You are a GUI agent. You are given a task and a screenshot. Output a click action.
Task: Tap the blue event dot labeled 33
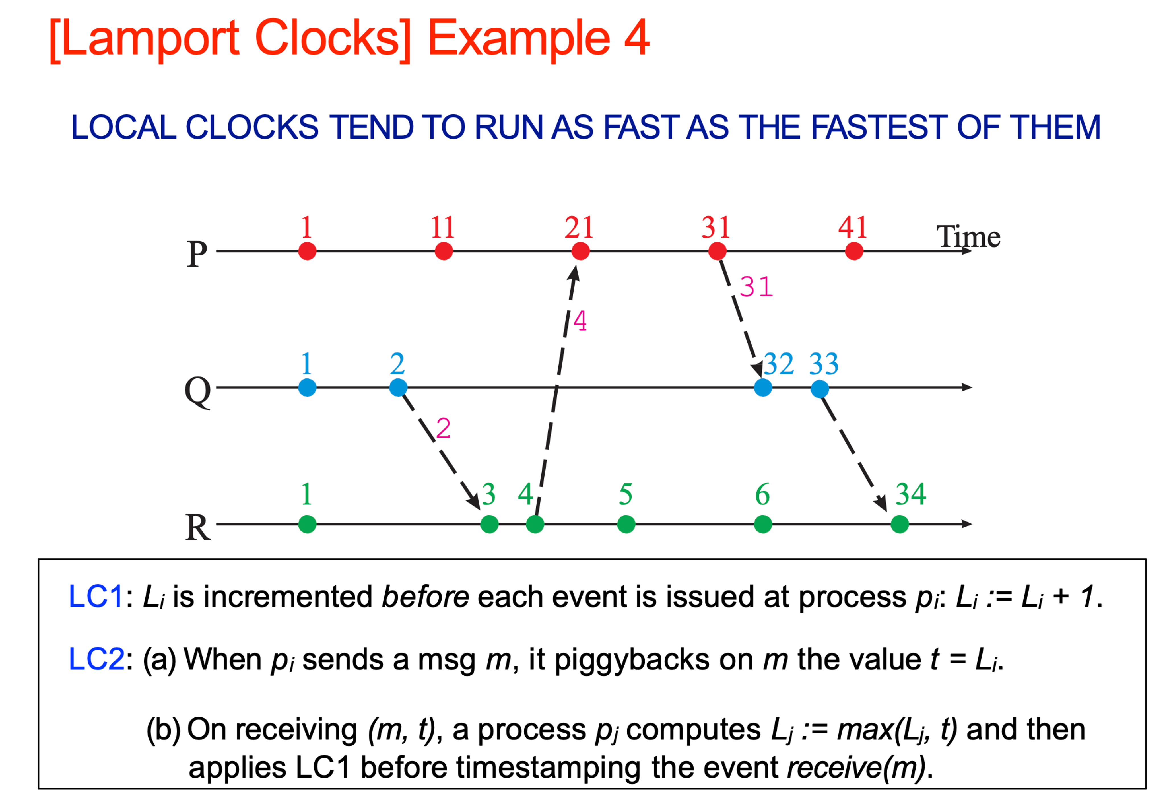(x=819, y=388)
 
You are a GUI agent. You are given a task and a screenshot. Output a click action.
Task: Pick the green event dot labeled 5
(x=626, y=524)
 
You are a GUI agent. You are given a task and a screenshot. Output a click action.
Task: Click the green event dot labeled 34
(x=899, y=524)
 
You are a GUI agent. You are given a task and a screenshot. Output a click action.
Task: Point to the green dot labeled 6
(x=762, y=524)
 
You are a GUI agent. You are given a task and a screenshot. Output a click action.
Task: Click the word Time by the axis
(x=968, y=236)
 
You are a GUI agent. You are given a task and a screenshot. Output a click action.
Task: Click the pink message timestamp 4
(x=580, y=321)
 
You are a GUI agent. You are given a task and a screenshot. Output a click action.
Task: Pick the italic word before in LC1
(x=425, y=597)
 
